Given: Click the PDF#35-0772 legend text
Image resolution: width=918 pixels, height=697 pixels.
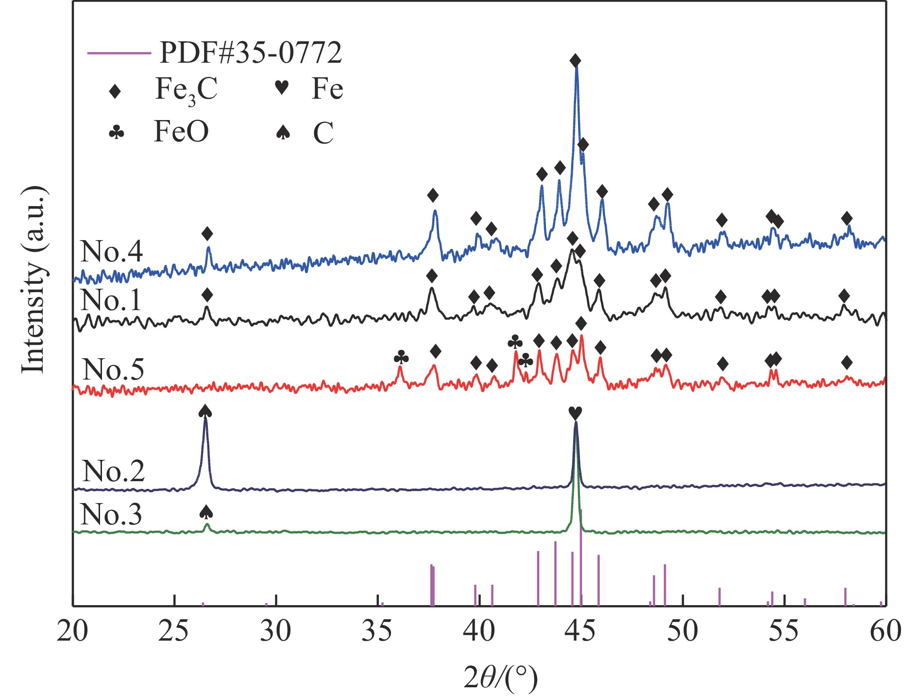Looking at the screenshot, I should pos(251,52).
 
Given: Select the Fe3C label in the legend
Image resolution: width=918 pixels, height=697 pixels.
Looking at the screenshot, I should pos(186,90).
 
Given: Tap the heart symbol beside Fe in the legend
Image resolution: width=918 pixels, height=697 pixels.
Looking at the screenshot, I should pos(282,88).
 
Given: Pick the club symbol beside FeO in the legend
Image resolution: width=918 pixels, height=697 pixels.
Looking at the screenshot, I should pos(117,132).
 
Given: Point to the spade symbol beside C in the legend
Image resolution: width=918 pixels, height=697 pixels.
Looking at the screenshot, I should pos(283,132).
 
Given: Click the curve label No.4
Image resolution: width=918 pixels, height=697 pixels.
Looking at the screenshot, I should pos(112,252).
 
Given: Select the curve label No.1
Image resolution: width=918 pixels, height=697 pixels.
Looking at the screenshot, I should pos(111,300).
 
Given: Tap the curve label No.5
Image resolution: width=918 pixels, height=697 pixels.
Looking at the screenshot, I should pos(113,370).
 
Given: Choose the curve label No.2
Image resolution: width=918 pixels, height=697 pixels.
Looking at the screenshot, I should pos(114,471).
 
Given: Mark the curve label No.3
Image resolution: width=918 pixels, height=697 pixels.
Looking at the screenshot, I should pos(111,514).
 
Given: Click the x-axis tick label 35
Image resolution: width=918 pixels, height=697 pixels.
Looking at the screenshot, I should pos(377,631).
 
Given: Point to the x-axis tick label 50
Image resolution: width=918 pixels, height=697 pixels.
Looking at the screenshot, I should pos(682,631).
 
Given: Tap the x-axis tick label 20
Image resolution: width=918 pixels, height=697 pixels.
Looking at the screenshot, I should pos(72,631).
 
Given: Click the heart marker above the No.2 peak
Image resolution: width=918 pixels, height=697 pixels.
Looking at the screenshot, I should pos(575,413).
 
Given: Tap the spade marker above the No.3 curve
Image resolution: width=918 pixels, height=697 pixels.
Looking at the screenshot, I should pos(206,512).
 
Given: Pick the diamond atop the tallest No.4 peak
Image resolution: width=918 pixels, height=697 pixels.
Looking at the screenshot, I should pos(576,61).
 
